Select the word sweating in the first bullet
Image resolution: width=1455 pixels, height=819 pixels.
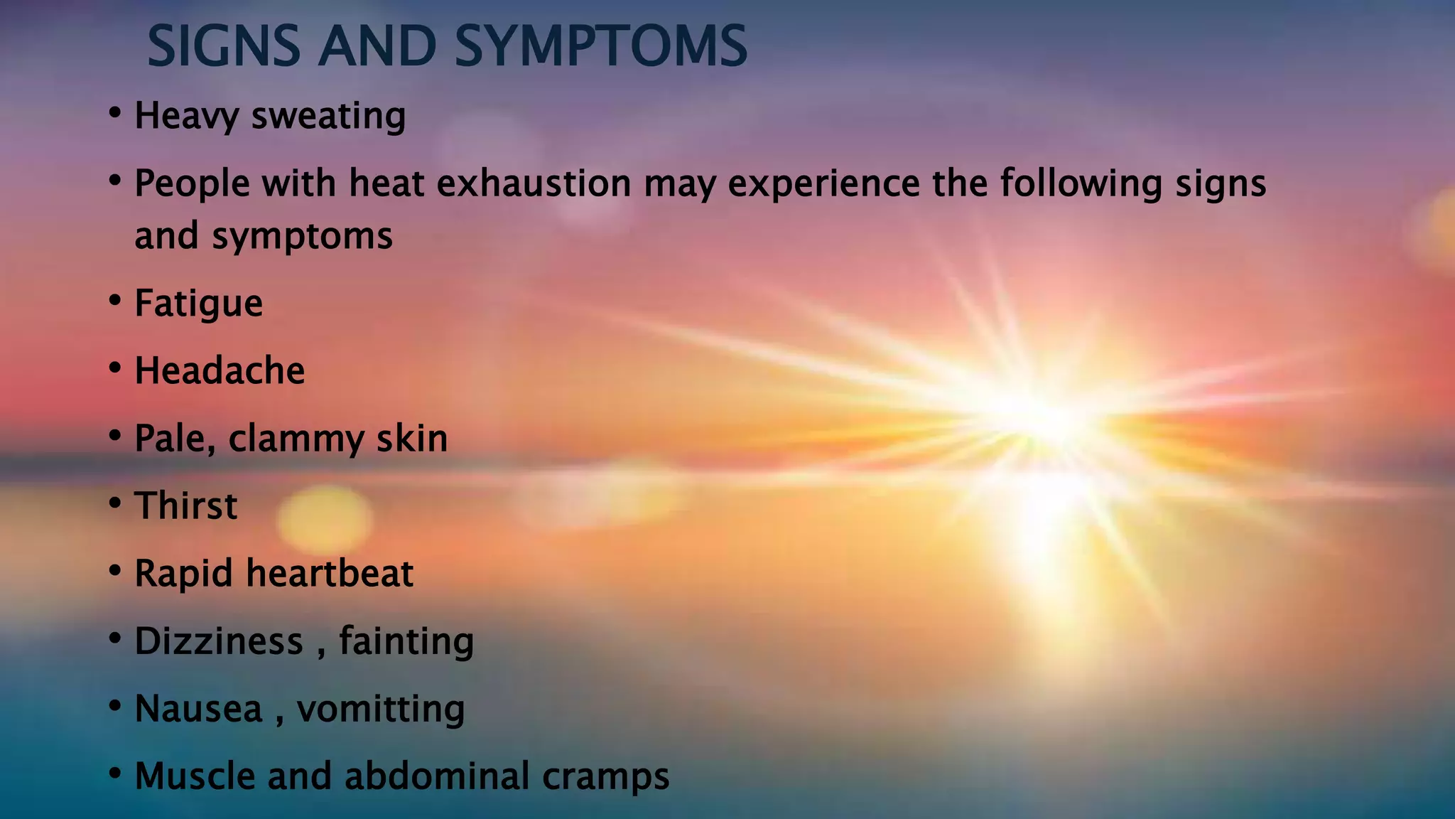[x=328, y=116]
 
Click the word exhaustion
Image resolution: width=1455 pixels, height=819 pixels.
[x=534, y=183]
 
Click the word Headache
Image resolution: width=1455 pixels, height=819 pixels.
[x=220, y=371]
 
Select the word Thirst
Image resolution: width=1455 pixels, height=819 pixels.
[x=186, y=506]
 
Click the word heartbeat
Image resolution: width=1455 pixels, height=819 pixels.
[x=330, y=574]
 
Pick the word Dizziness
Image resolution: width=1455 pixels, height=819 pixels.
[x=219, y=641]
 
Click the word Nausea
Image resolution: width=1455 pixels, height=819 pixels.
[x=199, y=709]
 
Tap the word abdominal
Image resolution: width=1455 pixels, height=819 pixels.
[x=437, y=776]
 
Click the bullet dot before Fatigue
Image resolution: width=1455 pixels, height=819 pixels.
[x=115, y=301]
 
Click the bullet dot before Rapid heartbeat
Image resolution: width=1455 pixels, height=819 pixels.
[x=115, y=571]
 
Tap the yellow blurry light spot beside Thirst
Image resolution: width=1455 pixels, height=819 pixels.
[x=324, y=519]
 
